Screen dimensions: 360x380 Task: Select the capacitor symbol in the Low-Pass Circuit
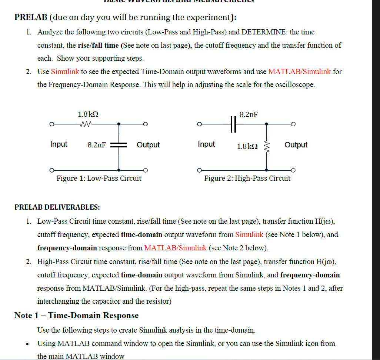(x=119, y=145)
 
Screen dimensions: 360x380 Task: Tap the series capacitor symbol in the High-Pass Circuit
(x=233, y=124)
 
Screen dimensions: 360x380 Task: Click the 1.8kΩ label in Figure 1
(x=88, y=114)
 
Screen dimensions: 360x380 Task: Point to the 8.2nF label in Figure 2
(x=249, y=114)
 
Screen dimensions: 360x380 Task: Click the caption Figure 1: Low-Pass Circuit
(x=99, y=178)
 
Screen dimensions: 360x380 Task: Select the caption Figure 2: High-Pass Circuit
(x=247, y=178)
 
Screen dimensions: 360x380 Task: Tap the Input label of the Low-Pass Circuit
(x=59, y=144)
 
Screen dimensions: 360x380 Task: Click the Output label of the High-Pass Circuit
(x=296, y=145)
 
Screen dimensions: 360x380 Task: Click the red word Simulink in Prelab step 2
(x=65, y=71)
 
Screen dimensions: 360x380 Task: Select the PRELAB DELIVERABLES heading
(x=57, y=207)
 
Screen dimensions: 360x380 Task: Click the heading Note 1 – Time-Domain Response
(x=76, y=316)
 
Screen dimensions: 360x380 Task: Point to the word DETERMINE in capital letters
(x=264, y=32)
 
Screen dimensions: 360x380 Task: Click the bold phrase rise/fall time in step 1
(x=99, y=46)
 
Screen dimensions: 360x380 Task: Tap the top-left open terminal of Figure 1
(x=53, y=124)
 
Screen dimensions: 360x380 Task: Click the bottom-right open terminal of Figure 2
(x=293, y=170)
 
